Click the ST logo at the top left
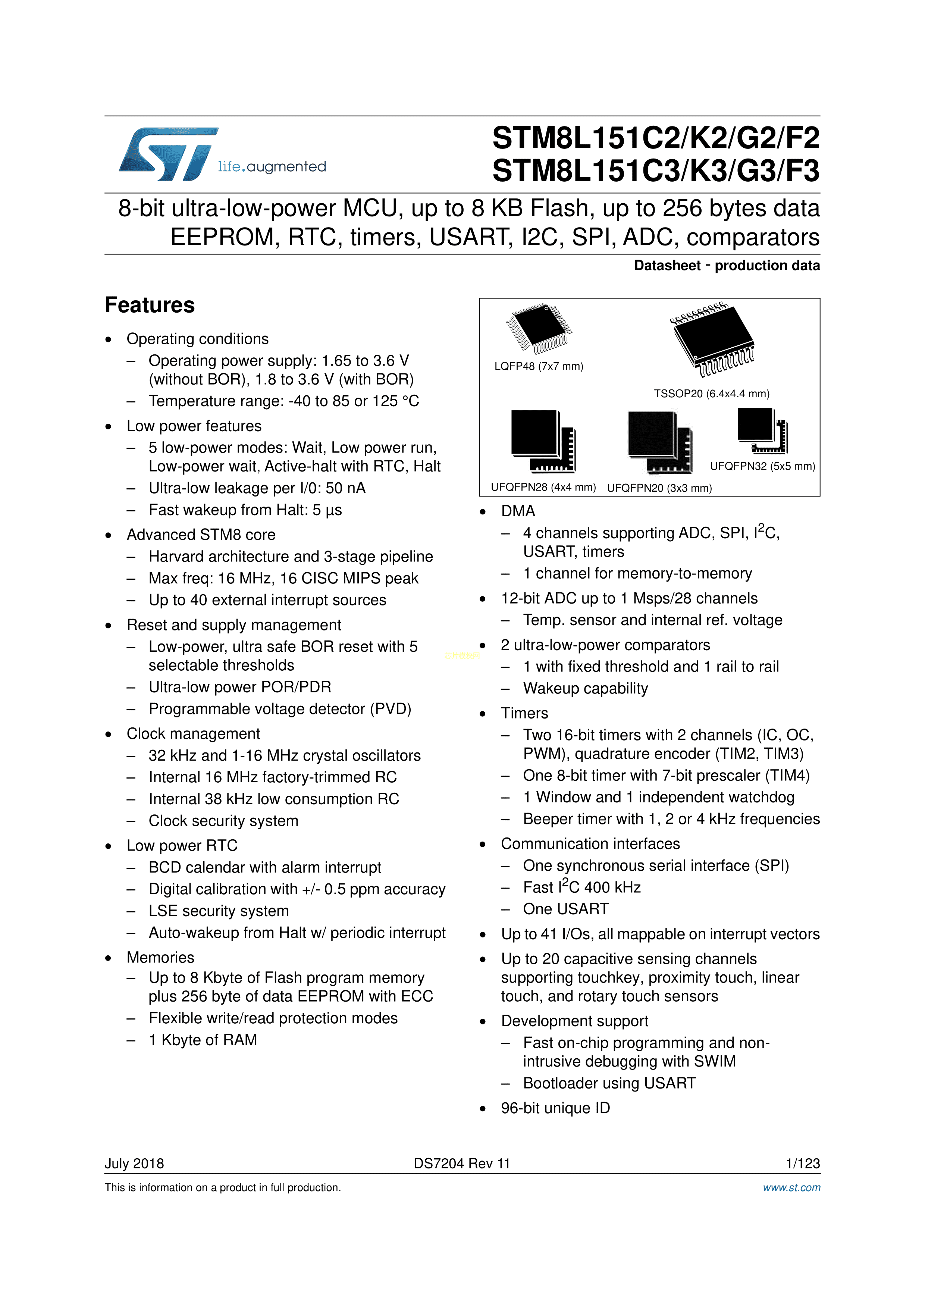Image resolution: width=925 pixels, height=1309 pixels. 168,154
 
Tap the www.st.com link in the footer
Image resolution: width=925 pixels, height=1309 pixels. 791,1187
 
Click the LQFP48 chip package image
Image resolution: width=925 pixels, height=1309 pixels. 539,328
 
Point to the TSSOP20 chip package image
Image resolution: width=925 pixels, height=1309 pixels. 712,339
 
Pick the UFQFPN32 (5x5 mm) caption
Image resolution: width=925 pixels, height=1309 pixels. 762,466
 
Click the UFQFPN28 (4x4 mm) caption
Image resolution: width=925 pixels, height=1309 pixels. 543,488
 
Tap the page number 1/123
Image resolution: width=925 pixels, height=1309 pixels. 802,1164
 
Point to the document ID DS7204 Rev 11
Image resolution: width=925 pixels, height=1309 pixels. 462,1164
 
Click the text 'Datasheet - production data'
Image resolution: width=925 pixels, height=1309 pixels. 727,266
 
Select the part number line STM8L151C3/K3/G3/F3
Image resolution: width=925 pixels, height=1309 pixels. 655,171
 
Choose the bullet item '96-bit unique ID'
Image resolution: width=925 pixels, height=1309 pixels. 555,1108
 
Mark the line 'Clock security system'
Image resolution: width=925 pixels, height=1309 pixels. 223,821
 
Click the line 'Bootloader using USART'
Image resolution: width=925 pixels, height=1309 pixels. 609,1083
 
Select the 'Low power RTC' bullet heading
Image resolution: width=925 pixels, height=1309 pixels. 182,845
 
